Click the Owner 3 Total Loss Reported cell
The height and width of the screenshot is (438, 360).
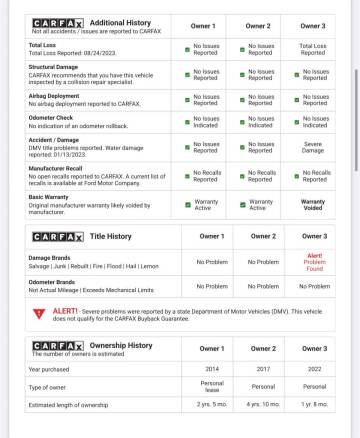point(314,48)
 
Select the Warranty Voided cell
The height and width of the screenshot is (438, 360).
point(314,204)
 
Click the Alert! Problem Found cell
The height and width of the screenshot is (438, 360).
point(314,262)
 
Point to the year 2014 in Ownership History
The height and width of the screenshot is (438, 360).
point(212,368)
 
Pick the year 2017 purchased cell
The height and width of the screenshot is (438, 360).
point(263,368)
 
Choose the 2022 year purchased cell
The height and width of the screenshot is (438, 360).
point(314,368)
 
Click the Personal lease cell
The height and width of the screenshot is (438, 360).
point(212,385)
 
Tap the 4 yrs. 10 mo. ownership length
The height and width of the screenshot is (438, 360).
point(263,405)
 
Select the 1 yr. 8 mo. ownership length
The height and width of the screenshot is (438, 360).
point(314,405)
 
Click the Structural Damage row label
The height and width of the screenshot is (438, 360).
point(52,67)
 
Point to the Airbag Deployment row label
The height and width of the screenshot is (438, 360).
point(55,96)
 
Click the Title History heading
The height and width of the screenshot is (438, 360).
point(110,236)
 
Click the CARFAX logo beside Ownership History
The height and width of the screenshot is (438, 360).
point(58,345)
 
